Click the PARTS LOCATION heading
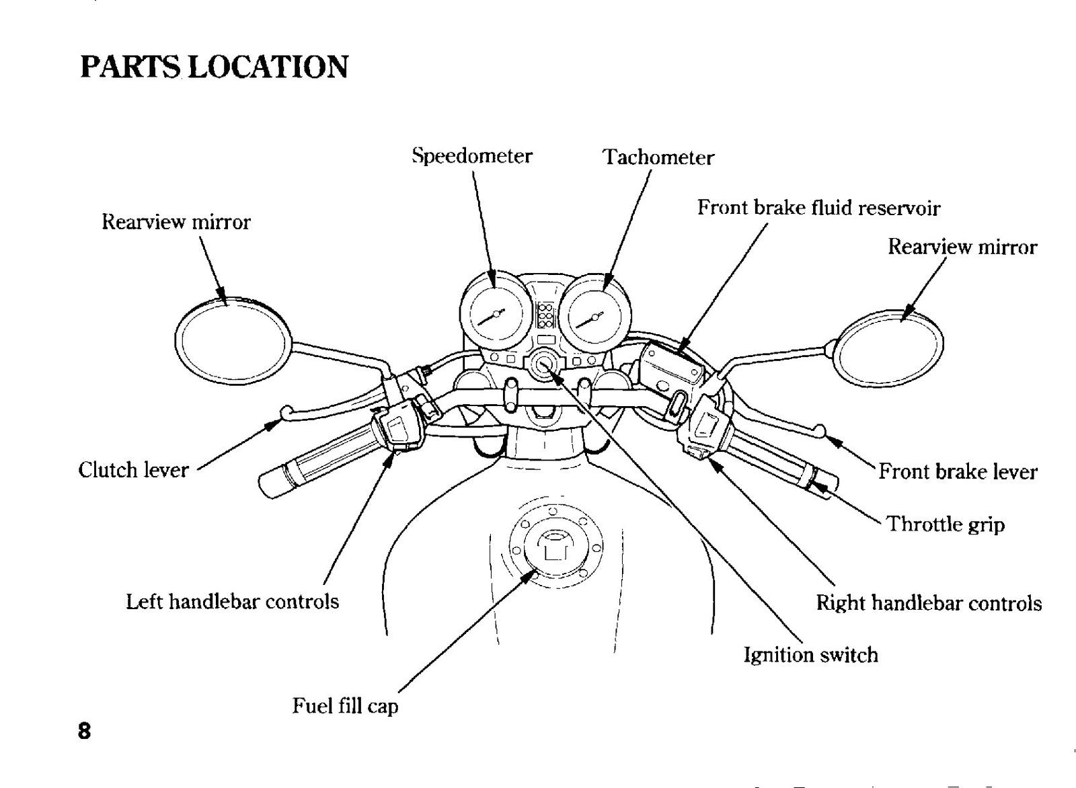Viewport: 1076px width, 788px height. [x=215, y=67]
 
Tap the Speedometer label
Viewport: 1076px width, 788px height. [x=472, y=156]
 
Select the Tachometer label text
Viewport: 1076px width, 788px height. [x=658, y=157]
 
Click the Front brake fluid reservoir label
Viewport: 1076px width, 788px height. [x=818, y=208]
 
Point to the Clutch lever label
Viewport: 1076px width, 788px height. [x=134, y=469]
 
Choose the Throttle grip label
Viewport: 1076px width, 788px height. [x=946, y=524]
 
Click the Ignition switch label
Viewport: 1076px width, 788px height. [x=811, y=655]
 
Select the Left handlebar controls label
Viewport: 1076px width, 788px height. [x=233, y=601]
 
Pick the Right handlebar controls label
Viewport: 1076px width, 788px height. [x=929, y=603]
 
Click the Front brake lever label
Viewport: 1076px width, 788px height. [x=958, y=471]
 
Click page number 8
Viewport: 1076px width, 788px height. [x=84, y=732]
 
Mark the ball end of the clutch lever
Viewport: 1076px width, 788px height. [x=286, y=411]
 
